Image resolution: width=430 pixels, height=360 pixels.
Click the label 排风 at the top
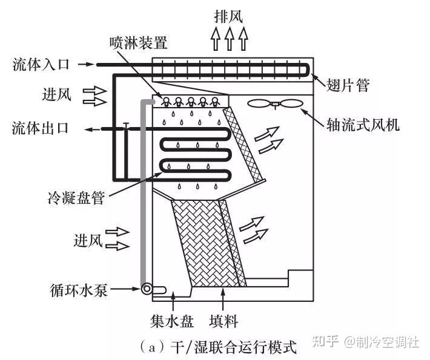tap(229, 15)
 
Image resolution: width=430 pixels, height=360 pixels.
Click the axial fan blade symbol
tap(274, 103)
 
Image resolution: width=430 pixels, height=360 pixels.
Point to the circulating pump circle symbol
tap(147, 289)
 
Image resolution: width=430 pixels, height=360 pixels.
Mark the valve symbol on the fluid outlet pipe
tap(125, 126)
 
